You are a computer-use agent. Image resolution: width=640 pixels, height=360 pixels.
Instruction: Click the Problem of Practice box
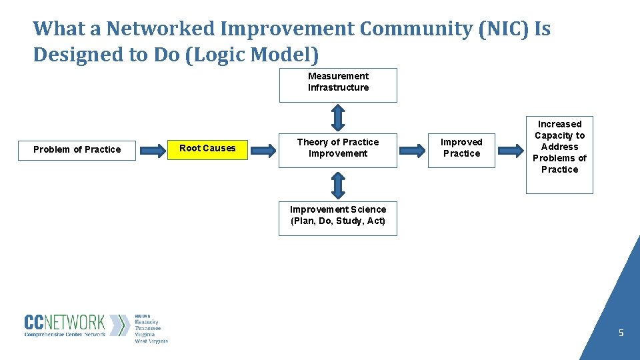pyautogui.click(x=77, y=150)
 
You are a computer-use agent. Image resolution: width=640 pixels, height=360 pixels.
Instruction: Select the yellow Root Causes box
pyautogui.click(x=207, y=149)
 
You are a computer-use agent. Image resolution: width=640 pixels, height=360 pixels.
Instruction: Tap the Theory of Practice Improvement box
pyautogui.click(x=337, y=149)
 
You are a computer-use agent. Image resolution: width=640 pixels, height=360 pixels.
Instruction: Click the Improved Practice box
pyautogui.click(x=461, y=149)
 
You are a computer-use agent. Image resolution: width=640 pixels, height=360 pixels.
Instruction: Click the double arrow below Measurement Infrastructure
pyautogui.click(x=337, y=117)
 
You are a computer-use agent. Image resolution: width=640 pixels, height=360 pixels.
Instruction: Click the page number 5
pyautogui.click(x=621, y=333)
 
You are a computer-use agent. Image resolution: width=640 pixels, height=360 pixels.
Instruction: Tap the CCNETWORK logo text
pyautogui.click(x=65, y=323)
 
